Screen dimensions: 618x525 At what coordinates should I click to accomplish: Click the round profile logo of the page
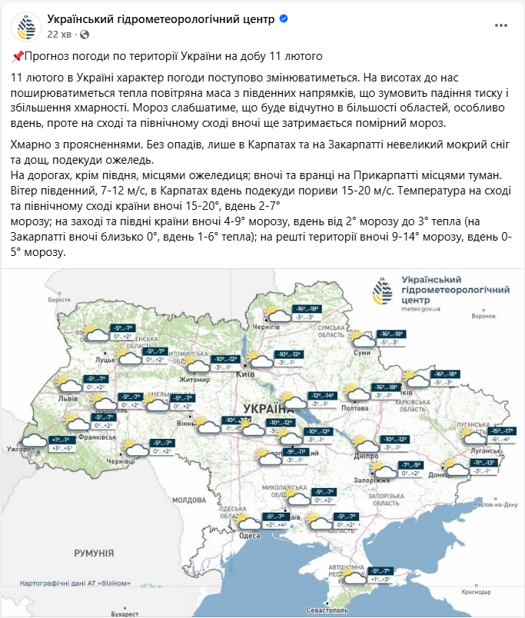pyautogui.click(x=25, y=26)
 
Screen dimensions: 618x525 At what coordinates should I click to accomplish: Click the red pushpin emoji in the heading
pyautogui.click(x=18, y=56)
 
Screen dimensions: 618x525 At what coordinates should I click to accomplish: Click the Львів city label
pyautogui.click(x=78, y=400)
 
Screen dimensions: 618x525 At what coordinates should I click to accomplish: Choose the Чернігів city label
pyautogui.click(x=263, y=327)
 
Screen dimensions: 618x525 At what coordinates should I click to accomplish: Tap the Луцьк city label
pyautogui.click(x=105, y=359)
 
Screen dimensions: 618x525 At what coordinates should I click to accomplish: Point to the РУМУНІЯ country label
pyautogui.click(x=94, y=553)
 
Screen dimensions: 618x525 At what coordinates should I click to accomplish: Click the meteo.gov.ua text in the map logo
pyautogui.click(x=423, y=309)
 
